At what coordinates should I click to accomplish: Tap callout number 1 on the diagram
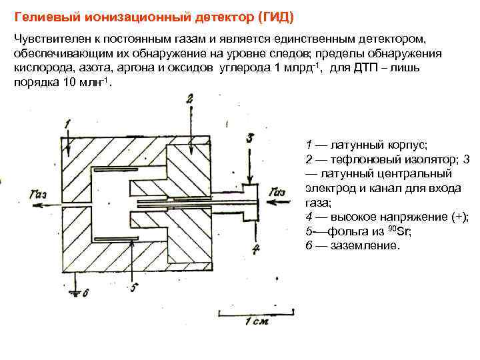pos(67,123)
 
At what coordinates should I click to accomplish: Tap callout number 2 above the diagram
pos(190,99)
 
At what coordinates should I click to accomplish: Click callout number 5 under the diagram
pos(133,287)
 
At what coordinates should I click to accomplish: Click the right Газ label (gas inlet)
pos(277,193)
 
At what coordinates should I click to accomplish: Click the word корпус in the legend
pos(402,144)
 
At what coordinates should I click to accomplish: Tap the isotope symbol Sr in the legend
pos(403,231)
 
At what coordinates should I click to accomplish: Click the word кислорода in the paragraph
pos(41,68)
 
